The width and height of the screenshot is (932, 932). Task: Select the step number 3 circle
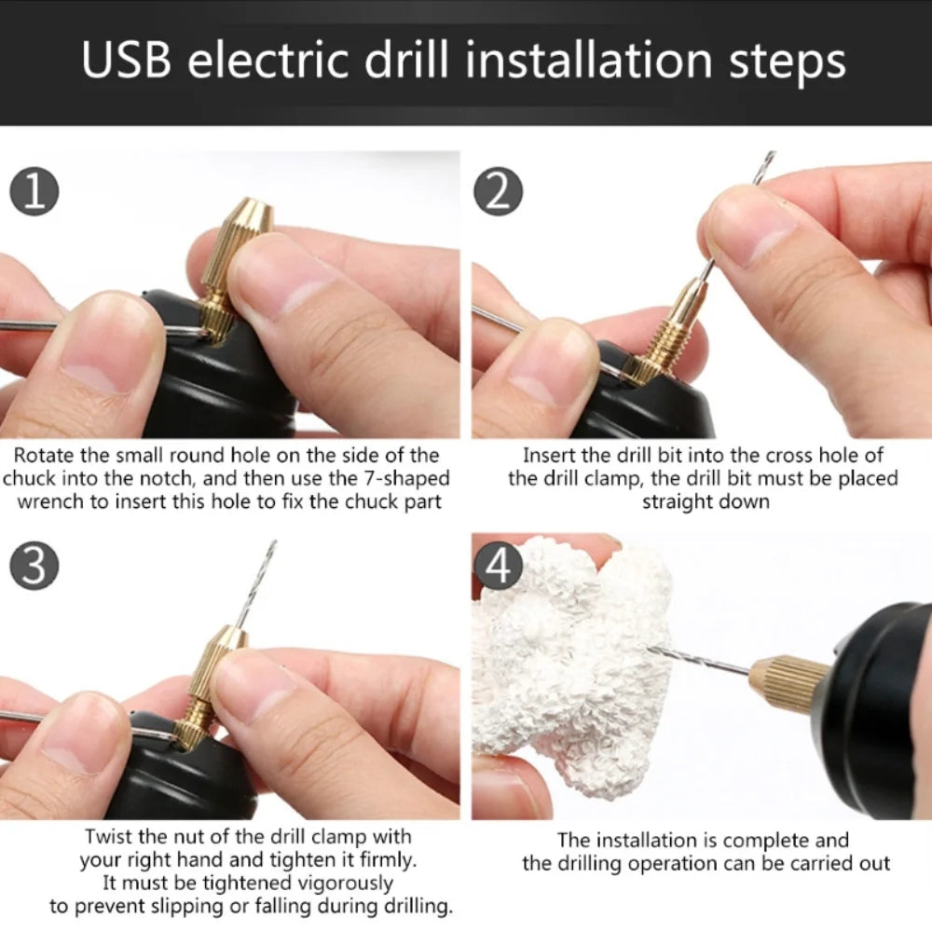(x=34, y=566)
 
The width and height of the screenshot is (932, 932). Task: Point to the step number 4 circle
(x=499, y=566)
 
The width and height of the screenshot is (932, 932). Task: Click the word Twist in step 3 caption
(x=108, y=836)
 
